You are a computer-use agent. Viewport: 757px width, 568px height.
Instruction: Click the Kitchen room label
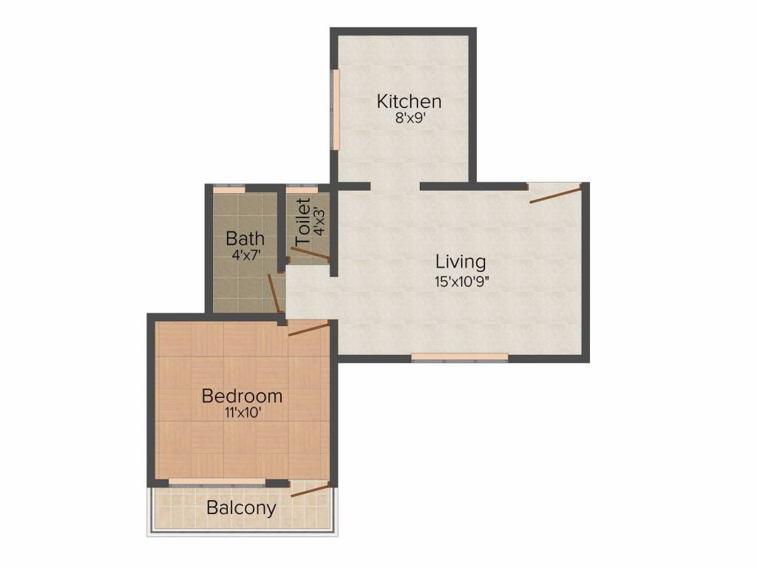click(x=409, y=101)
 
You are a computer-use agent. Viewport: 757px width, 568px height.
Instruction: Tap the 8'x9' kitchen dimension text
click(x=409, y=117)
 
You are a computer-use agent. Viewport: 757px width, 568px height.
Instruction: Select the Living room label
click(x=461, y=261)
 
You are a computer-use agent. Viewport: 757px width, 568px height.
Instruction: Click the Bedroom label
click(x=242, y=396)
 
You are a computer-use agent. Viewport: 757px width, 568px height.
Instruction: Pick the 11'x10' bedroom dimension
click(x=242, y=413)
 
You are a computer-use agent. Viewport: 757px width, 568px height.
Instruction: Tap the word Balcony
click(x=241, y=508)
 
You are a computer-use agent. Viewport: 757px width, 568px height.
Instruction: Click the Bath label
click(x=245, y=239)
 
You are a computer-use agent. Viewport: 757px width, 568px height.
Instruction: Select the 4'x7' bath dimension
click(x=245, y=256)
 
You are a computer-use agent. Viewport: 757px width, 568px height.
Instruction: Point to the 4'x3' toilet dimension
click(x=319, y=221)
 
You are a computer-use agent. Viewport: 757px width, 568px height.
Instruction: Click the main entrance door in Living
click(x=556, y=194)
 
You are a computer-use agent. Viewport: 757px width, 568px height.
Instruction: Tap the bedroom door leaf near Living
click(x=309, y=328)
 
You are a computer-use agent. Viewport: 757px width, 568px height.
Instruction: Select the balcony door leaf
click(x=310, y=489)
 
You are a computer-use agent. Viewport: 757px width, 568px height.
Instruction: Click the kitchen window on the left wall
click(x=335, y=109)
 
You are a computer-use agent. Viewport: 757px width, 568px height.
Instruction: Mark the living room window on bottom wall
click(x=459, y=356)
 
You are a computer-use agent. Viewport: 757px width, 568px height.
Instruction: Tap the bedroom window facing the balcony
click(x=217, y=482)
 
